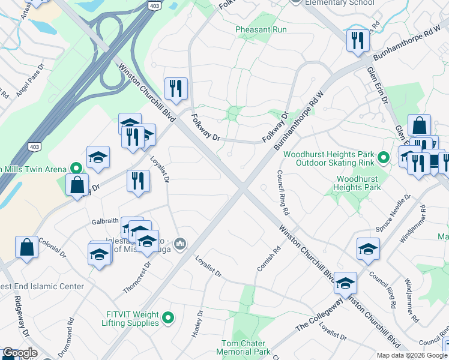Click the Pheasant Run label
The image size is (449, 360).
(261, 29)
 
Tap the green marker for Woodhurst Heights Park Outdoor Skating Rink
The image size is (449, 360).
(384, 158)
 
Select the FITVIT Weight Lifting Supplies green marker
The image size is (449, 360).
(168, 318)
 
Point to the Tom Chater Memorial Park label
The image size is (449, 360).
(243, 347)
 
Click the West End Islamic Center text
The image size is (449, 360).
(42, 286)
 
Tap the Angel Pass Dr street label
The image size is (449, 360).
(31, 81)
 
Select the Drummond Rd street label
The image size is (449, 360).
(65, 338)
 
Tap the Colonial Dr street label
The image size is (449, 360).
(50, 244)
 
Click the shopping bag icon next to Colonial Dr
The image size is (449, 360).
(26, 247)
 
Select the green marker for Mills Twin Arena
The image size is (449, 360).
(76, 169)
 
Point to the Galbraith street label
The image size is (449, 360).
(105, 221)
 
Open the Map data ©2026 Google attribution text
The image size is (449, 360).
(412, 355)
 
